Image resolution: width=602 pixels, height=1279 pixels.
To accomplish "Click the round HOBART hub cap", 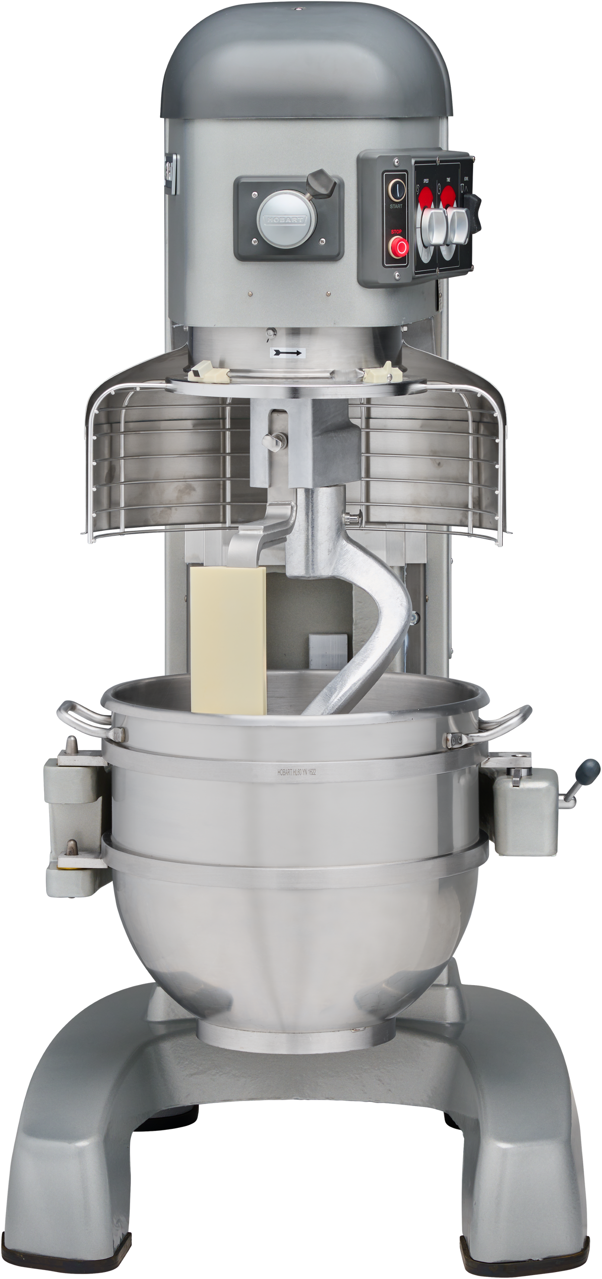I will pyautogui.click(x=287, y=220).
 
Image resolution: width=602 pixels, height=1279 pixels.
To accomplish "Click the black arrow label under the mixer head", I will pyautogui.click(x=288, y=352).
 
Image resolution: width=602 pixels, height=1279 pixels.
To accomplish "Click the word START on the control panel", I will pyautogui.click(x=396, y=206).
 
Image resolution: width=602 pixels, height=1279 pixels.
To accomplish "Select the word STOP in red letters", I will pyautogui.click(x=396, y=232).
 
